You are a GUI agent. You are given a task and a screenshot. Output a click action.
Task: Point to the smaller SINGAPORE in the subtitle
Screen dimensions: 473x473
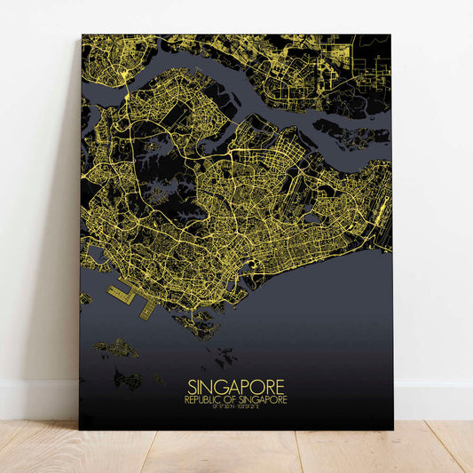[264, 400]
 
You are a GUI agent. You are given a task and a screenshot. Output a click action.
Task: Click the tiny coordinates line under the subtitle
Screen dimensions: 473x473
[236, 407]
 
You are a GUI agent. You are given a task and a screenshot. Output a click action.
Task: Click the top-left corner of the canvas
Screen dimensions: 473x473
[83, 36]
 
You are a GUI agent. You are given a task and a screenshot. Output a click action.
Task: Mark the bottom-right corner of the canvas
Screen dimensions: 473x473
[391, 429]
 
